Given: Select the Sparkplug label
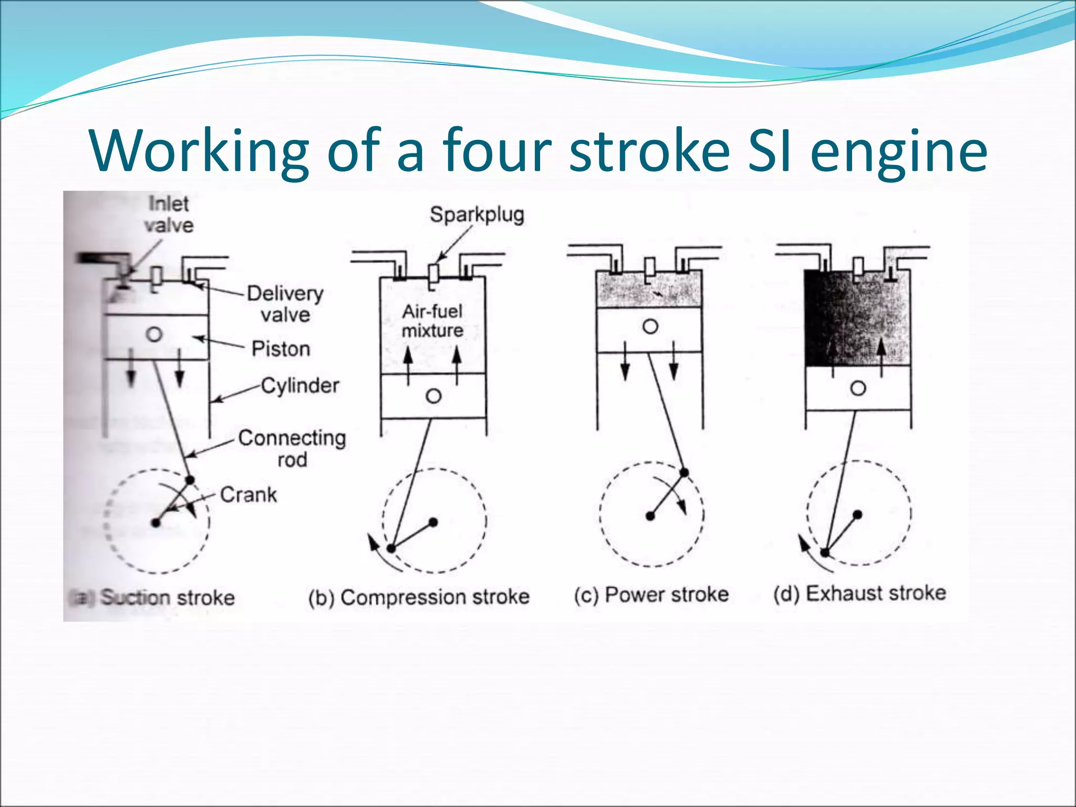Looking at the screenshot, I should pos(477,215).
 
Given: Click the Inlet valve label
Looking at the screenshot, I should pos(169,214).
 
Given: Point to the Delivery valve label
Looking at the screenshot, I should pos(285,304).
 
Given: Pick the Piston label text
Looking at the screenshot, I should pos(281,349).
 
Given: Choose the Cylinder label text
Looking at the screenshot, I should pos(300,386).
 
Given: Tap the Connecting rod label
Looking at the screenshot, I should pos(292,448).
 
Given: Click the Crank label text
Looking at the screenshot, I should pos(249,494).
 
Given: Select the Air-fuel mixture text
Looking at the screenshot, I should pos(432,320).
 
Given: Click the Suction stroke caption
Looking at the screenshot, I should pos(167,597).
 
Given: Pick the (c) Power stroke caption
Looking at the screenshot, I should pos(651,595).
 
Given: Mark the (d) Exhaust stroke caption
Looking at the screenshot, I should pos(860,593).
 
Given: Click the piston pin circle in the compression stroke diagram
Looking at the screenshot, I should pos(433,396).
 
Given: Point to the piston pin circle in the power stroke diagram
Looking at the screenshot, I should pos(650,327).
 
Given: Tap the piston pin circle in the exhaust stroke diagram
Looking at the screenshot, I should pos(858,389).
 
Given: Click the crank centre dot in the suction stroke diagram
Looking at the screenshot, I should pos(156,523).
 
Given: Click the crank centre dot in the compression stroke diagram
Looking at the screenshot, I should pos(433,522).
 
